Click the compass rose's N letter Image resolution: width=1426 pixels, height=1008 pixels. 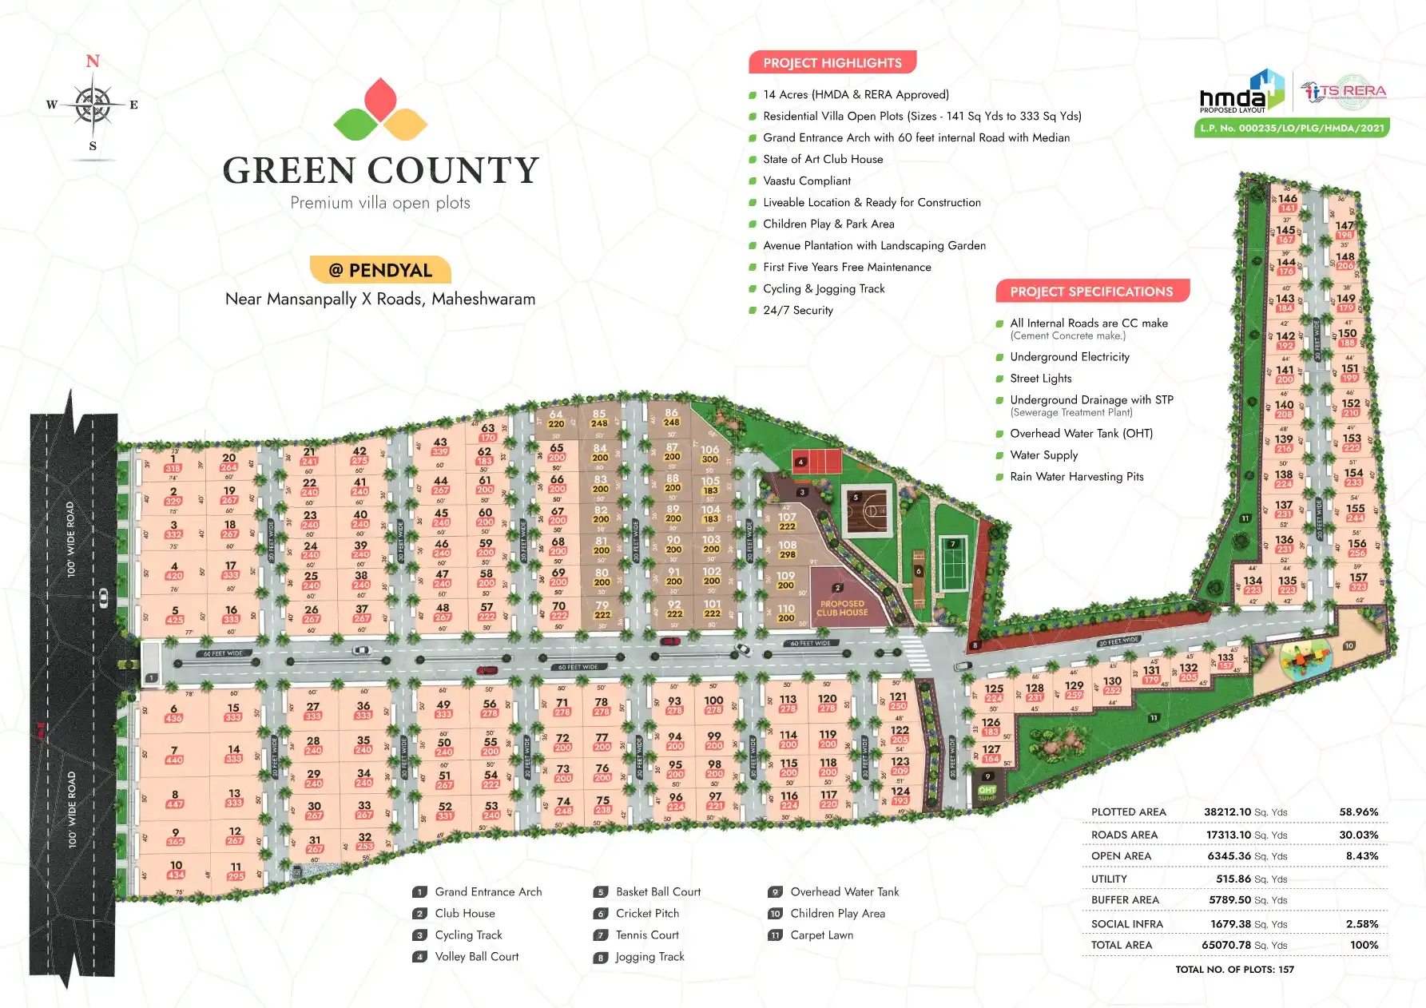[93, 62]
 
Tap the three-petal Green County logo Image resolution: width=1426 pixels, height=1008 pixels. [380, 110]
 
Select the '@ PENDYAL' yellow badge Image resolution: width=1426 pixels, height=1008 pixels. [380, 270]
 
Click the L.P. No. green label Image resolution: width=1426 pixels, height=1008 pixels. [1292, 128]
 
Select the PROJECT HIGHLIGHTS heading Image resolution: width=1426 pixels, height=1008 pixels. [832, 62]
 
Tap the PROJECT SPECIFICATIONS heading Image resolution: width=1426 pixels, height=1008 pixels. [1091, 292]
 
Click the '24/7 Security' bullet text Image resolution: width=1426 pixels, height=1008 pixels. [797, 310]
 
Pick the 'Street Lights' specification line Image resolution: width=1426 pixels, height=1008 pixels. [1040, 378]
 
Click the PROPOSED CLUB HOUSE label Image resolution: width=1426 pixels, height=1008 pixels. [842, 608]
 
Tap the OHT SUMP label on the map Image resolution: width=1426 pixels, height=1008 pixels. [987, 792]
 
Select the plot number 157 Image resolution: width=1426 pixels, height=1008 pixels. [1358, 577]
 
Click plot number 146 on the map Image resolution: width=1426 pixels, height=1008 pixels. [1287, 198]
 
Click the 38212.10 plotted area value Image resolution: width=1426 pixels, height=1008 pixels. [1227, 812]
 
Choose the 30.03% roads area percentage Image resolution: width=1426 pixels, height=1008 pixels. [1358, 835]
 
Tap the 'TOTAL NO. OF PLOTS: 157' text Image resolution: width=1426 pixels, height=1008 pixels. [1234, 969]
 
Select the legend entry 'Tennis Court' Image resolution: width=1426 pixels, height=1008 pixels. [647, 935]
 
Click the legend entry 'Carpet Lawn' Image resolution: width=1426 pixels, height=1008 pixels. [821, 935]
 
